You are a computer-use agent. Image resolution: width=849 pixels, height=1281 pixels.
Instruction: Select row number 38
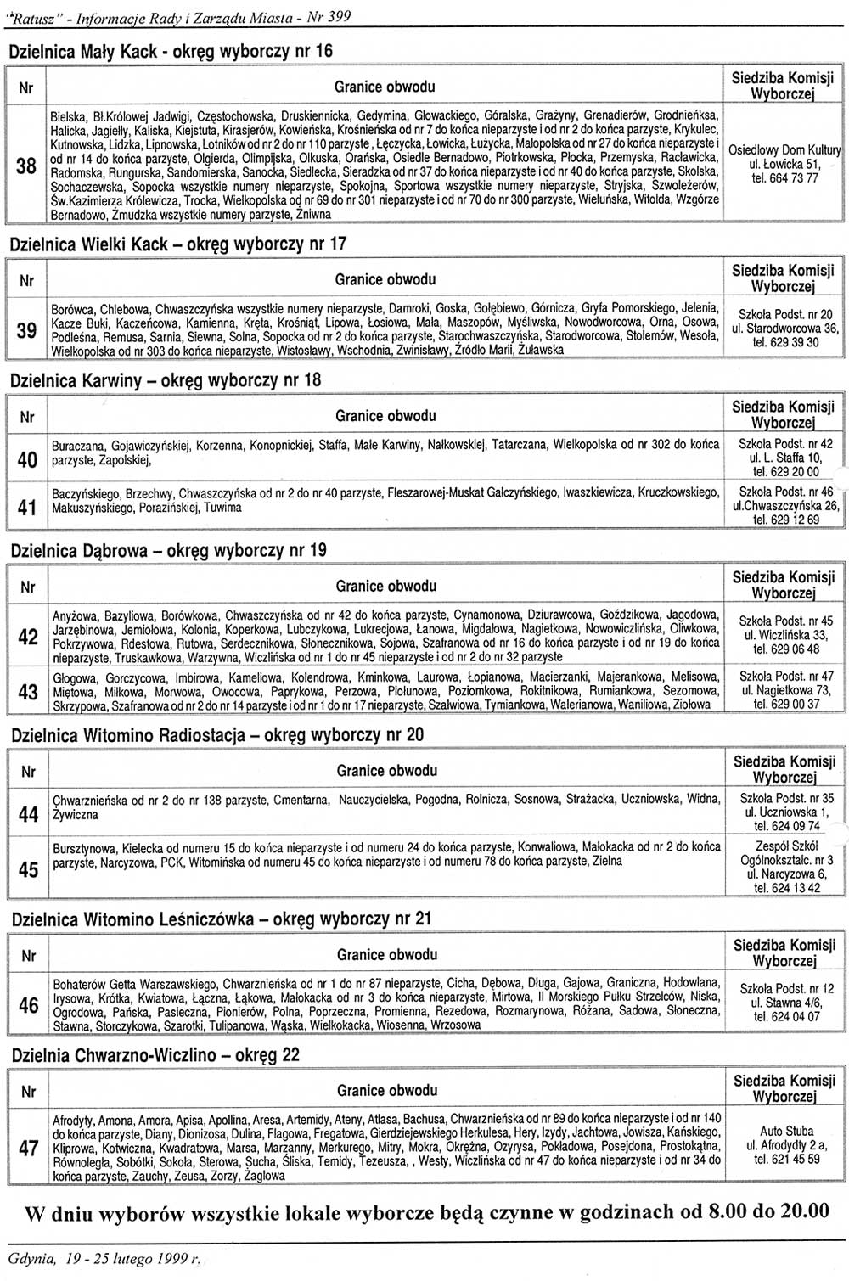coord(26,166)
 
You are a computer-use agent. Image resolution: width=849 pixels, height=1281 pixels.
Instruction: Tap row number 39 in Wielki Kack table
coord(26,330)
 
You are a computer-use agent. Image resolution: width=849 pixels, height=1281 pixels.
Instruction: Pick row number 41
coord(26,508)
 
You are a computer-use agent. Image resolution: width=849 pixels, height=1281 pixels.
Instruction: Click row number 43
coord(27,692)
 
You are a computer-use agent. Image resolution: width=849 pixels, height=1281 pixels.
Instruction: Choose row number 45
coord(28,870)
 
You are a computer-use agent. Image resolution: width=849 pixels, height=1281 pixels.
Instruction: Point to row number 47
coord(28,1148)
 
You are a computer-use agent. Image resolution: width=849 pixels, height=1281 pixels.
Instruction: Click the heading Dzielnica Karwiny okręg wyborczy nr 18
coord(166,380)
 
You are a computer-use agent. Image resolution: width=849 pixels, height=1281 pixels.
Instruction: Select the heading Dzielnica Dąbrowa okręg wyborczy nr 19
coord(168,550)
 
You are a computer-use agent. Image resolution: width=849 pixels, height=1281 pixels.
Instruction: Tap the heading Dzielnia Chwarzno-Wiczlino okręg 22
coord(155,1055)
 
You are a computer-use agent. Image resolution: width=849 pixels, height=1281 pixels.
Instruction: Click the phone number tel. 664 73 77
coord(784,178)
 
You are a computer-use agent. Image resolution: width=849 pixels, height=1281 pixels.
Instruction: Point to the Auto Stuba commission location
coord(786,1131)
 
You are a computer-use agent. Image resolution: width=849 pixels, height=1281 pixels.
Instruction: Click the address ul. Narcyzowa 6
coord(785,874)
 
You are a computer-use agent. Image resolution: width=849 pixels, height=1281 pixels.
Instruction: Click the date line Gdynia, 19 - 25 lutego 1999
coord(106,1260)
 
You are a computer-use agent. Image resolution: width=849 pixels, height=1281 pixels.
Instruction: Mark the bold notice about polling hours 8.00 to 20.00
coord(427,1211)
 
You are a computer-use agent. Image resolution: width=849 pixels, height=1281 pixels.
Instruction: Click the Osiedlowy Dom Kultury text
coord(784,149)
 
